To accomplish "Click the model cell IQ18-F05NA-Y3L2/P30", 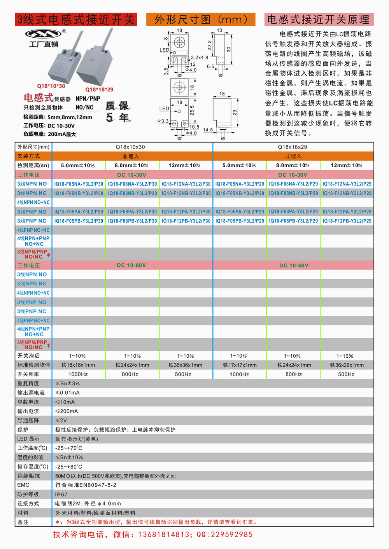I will click(x=79, y=184).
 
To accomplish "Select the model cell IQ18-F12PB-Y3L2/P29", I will click(x=347, y=221).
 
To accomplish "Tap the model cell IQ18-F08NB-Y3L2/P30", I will click(x=132, y=193).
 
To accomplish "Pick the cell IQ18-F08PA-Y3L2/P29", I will click(x=293, y=212).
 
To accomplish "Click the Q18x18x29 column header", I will click(x=293, y=147).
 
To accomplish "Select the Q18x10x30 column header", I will click(x=130, y=147).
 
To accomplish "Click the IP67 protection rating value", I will click(x=61, y=495).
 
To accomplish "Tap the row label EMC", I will click(x=23, y=485).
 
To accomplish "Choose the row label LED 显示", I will click(x=28, y=439).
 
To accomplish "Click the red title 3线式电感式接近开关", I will click(x=76, y=19).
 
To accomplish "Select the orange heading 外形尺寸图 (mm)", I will click(x=201, y=19).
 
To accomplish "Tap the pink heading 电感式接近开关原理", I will click(x=319, y=19).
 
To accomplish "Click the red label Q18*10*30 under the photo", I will click(x=51, y=86).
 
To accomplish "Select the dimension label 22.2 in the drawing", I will click(x=210, y=45).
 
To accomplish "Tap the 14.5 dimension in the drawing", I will click(x=208, y=130).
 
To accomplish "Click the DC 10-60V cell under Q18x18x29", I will click(x=294, y=266).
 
